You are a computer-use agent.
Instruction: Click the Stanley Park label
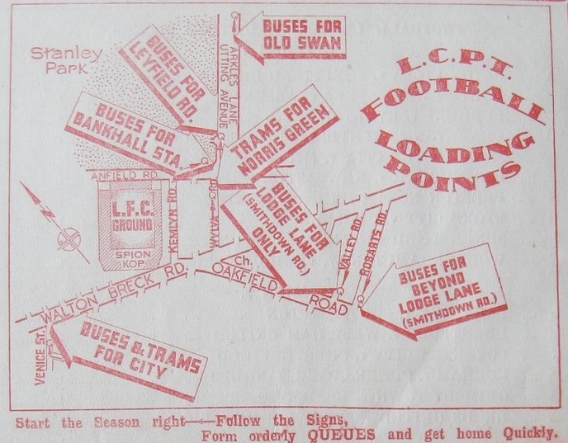pos(54,62)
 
